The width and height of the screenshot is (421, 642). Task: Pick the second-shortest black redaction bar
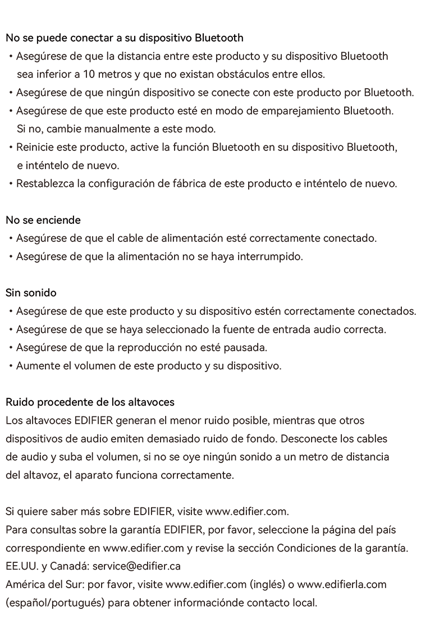pyautogui.click(x=51, y=216)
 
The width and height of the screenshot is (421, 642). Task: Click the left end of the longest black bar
pyautogui.click(x=6, y=38)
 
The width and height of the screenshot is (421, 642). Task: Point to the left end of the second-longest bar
pyautogui.click(x=6, y=398)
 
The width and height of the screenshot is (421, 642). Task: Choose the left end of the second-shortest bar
pyautogui.click(x=6, y=216)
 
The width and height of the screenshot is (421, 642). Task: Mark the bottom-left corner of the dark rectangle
pyautogui.click(x=6, y=608)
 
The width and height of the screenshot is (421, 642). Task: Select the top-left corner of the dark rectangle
pyautogui.click(x=6, y=34)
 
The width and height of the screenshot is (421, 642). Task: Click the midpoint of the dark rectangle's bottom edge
pyautogui.click(x=210, y=608)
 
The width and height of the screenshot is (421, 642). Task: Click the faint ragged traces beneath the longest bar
pyautogui.click(x=129, y=48)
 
